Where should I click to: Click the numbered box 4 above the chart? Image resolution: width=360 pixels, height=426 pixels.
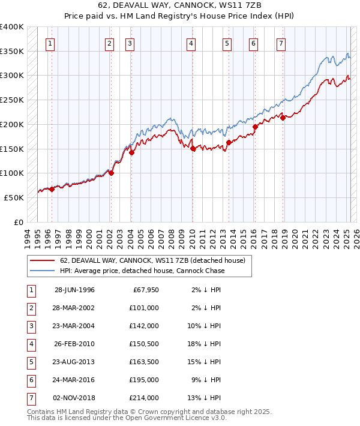pos(190,43)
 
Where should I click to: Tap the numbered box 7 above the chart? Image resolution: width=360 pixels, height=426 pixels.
pos(281,43)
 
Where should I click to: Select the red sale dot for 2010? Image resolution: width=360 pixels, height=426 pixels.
pos(193,149)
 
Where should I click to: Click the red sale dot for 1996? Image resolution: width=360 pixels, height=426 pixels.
pos(52,189)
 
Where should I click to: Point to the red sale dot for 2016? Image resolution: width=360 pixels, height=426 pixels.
pos(255,127)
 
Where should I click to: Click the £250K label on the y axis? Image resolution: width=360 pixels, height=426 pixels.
pos(12,100)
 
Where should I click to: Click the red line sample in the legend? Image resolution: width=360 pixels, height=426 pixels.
pos(41,261)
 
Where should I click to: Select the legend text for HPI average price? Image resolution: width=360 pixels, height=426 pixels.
pos(142,271)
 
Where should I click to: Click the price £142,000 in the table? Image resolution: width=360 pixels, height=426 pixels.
pos(145,326)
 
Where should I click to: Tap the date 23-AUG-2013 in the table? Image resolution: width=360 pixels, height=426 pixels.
pos(74,362)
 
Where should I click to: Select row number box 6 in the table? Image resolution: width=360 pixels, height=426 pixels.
pos(31,380)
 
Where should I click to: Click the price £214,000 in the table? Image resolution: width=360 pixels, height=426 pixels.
pos(145,398)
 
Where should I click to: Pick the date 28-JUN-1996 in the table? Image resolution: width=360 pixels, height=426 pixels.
pos(74,290)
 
